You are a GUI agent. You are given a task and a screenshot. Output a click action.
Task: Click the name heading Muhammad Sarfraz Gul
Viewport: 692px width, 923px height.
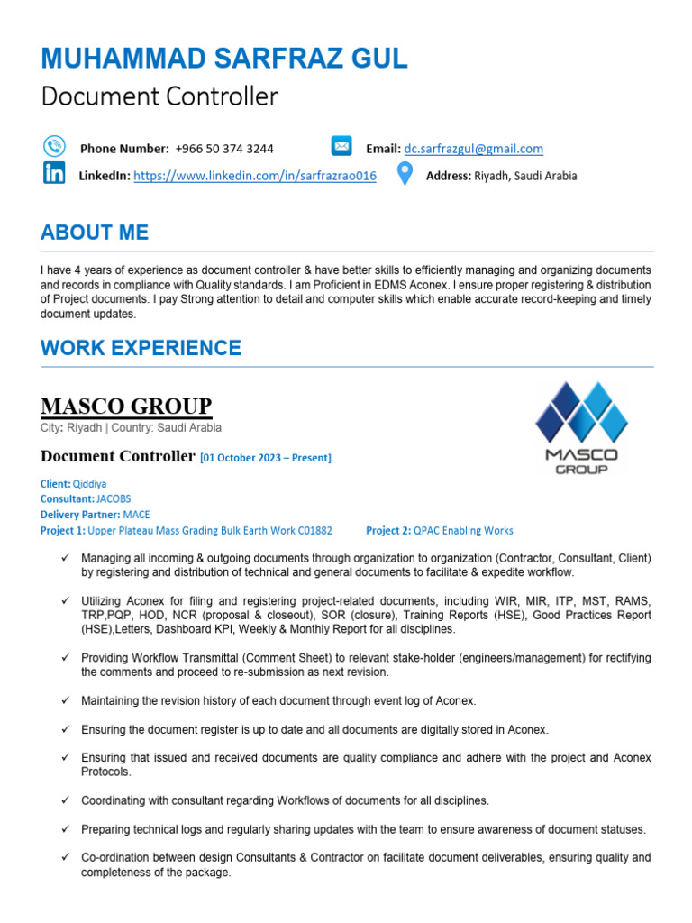point(223,59)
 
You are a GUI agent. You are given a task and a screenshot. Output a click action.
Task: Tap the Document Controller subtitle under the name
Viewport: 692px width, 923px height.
point(159,96)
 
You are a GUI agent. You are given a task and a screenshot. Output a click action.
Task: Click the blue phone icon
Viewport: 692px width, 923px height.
point(54,146)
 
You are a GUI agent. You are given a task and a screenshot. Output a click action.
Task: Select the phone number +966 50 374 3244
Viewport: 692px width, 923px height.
point(224,149)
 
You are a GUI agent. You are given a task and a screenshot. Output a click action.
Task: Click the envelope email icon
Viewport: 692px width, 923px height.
point(341,146)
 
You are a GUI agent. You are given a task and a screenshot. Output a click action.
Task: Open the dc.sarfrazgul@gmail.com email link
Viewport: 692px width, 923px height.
point(473,149)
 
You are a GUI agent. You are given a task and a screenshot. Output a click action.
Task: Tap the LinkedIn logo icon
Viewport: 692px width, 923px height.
point(54,174)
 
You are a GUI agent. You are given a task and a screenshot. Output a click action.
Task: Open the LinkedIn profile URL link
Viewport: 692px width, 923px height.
point(255,177)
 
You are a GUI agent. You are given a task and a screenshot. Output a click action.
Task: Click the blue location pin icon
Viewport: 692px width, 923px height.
point(405,173)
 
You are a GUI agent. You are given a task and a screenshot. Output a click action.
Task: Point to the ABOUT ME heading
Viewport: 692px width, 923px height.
point(95,233)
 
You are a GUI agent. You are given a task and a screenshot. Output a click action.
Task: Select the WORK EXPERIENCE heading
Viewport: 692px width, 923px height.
point(141,348)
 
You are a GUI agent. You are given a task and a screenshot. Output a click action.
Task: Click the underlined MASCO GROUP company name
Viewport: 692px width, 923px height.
point(126,407)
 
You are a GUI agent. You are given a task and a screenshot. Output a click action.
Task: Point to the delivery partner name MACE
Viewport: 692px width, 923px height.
point(137,514)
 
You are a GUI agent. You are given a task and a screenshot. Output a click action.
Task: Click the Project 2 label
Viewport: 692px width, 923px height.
point(388,530)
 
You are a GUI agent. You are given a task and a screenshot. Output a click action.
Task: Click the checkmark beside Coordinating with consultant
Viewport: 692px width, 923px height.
point(65,800)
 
